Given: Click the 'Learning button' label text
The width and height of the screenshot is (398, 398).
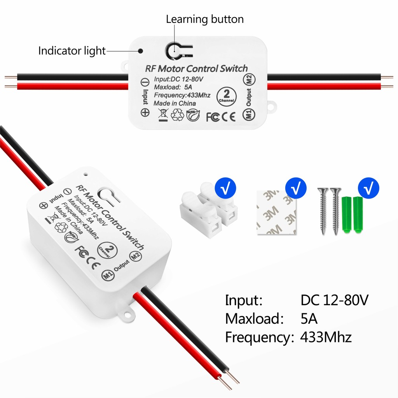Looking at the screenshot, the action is (x=205, y=19).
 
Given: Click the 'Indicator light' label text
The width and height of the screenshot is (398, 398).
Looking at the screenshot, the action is (x=72, y=51).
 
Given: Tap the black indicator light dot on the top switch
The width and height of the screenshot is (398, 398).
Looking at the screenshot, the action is (x=141, y=51).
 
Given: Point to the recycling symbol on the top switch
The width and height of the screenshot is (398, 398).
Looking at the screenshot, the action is (x=178, y=115).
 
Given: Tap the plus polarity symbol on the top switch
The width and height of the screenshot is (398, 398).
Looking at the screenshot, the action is (x=145, y=112).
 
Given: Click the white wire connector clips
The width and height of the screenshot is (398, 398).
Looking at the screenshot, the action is (x=208, y=210).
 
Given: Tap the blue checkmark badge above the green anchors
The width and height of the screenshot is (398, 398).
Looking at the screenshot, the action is (x=368, y=188).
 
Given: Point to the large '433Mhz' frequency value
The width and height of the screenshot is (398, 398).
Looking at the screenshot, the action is (x=326, y=337).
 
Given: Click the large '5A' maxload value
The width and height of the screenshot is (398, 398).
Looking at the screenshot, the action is (x=309, y=319).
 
